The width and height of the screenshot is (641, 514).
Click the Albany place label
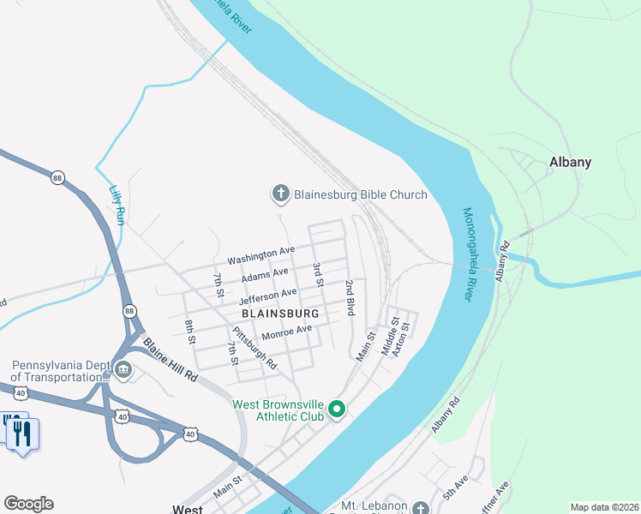click(x=570, y=162)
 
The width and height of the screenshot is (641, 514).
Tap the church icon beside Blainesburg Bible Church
click(x=280, y=194)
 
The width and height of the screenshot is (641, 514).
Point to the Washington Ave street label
click(x=261, y=254)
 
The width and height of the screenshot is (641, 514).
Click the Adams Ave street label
click(x=265, y=275)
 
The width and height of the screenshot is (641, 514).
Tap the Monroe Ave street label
click(x=287, y=331)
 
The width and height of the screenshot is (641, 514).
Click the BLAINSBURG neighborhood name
click(x=280, y=314)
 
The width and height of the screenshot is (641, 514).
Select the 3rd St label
click(x=317, y=275)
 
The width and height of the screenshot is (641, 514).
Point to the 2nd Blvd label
click(x=350, y=297)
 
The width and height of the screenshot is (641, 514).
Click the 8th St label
click(x=190, y=332)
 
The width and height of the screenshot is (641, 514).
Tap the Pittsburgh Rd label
click(x=255, y=347)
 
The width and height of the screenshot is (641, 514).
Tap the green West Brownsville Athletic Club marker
click(x=337, y=409)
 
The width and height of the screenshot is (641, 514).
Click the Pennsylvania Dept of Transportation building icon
click(x=123, y=370)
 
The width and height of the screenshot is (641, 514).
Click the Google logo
click(x=28, y=504)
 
